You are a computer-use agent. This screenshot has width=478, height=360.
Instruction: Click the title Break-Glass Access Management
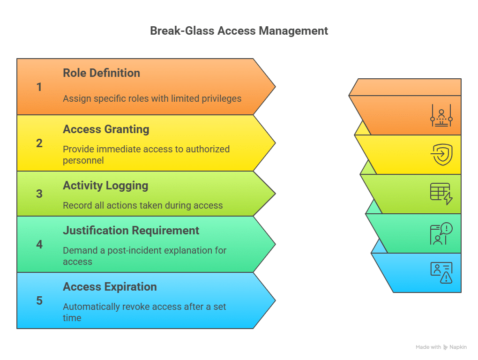pyautogui.click(x=239, y=31)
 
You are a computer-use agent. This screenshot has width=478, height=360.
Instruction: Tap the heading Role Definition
pyautogui.click(x=101, y=73)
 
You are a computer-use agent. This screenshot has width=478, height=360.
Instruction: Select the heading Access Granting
pyautogui.click(x=106, y=129)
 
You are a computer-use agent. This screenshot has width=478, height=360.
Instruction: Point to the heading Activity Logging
pyautogui.click(x=105, y=186)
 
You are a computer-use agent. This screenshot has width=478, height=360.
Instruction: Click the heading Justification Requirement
pyautogui.click(x=131, y=231)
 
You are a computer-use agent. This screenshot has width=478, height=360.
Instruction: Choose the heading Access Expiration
pyautogui.click(x=110, y=287)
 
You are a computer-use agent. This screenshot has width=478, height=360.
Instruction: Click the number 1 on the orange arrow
pyautogui.click(x=39, y=87)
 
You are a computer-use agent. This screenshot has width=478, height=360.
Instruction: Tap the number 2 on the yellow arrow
pyautogui.click(x=39, y=143)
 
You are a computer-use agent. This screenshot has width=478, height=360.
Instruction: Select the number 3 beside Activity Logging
pyautogui.click(x=39, y=194)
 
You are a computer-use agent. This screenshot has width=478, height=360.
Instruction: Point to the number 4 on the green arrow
pyautogui.click(x=39, y=245)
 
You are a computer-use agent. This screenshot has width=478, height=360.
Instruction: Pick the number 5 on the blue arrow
pyautogui.click(x=39, y=301)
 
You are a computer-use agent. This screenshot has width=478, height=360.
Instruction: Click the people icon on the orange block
pyautogui.click(x=441, y=116)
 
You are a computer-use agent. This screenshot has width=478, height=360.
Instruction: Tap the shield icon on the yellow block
pyautogui.click(x=441, y=155)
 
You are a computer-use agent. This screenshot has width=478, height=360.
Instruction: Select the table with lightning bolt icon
pyautogui.click(x=441, y=194)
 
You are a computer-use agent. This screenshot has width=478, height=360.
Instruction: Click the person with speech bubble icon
pyautogui.click(x=441, y=233)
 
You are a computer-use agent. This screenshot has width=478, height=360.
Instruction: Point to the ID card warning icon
pyautogui.click(x=441, y=273)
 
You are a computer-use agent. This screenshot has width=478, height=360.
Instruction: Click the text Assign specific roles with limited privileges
pyautogui.click(x=152, y=98)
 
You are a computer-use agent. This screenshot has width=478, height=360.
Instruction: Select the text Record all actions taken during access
pyautogui.click(x=142, y=205)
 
